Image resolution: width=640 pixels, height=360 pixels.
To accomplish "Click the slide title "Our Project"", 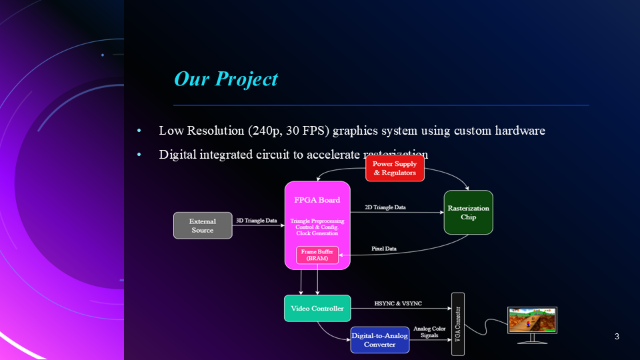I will [x=225, y=79].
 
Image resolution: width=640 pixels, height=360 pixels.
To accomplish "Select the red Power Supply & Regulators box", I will [x=395, y=168].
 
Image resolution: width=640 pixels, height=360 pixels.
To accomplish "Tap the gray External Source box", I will [x=203, y=225].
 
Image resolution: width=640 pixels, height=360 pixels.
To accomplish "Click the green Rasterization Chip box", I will [x=468, y=212].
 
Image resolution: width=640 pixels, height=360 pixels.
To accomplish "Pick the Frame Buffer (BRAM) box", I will [x=317, y=255].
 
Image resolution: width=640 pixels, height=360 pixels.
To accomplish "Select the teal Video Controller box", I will [x=317, y=308].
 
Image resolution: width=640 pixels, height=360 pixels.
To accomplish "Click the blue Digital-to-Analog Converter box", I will [x=379, y=340].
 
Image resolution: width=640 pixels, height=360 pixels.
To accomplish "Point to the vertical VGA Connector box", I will [x=457, y=324].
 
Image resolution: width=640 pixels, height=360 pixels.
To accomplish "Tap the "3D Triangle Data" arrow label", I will [x=257, y=221].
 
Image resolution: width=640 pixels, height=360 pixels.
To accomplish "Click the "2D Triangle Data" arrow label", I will [x=385, y=207].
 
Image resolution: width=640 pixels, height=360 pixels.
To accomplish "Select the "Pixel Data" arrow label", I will [x=383, y=249].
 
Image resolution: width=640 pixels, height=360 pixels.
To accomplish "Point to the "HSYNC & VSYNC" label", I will [x=398, y=303].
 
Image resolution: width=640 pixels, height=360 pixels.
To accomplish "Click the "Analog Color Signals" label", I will [x=430, y=332].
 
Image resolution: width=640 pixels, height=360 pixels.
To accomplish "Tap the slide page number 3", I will [x=617, y=337].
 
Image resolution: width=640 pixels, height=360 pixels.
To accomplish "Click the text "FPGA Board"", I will [x=317, y=200].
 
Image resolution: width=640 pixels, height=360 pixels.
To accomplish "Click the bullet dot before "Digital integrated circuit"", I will [x=139, y=155].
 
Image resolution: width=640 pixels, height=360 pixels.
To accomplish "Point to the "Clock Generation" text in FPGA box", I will [x=317, y=233].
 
